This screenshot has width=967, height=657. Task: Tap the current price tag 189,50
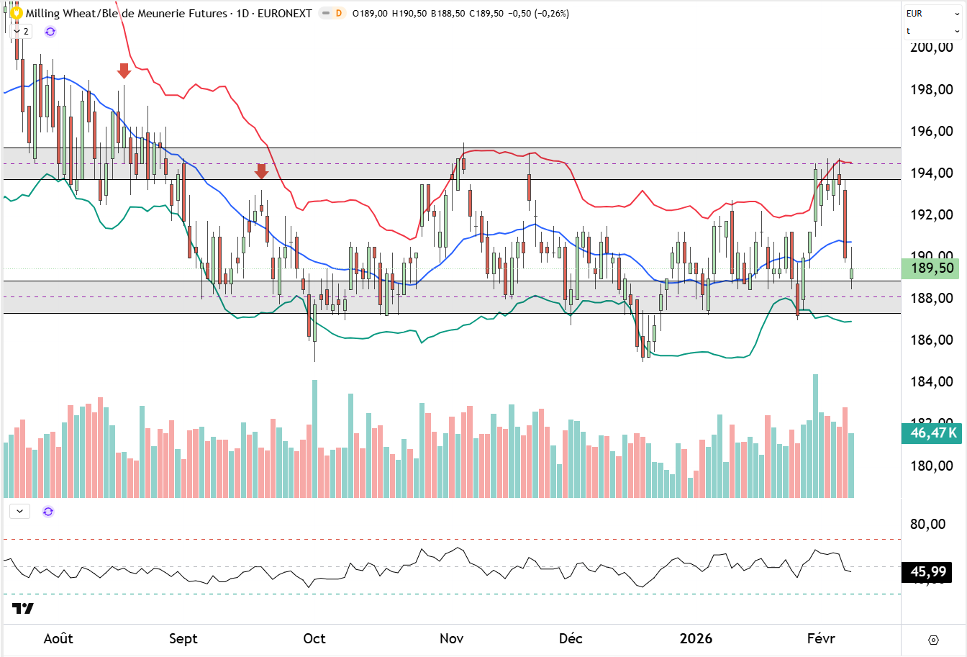(932, 268)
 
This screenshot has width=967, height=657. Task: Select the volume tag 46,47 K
(932, 432)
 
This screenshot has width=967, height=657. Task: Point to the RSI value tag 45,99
(928, 572)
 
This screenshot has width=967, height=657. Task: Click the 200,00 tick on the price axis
(931, 47)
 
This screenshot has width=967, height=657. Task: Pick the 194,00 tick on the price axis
(931, 173)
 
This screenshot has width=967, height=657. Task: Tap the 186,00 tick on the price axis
(931, 340)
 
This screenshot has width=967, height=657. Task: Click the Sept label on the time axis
(183, 639)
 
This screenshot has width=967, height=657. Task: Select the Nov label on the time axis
(451, 639)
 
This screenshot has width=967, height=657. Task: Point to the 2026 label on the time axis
(696, 639)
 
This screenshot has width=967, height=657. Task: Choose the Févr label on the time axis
(820, 639)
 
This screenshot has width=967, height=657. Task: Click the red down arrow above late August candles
(124, 71)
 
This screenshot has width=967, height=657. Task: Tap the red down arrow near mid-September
(261, 171)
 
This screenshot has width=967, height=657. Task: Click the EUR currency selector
(932, 13)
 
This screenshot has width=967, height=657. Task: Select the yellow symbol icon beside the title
(16, 13)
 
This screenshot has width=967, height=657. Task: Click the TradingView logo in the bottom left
(23, 609)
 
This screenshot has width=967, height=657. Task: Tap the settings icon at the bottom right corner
(933, 640)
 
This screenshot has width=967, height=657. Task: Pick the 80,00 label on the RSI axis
(928, 524)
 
